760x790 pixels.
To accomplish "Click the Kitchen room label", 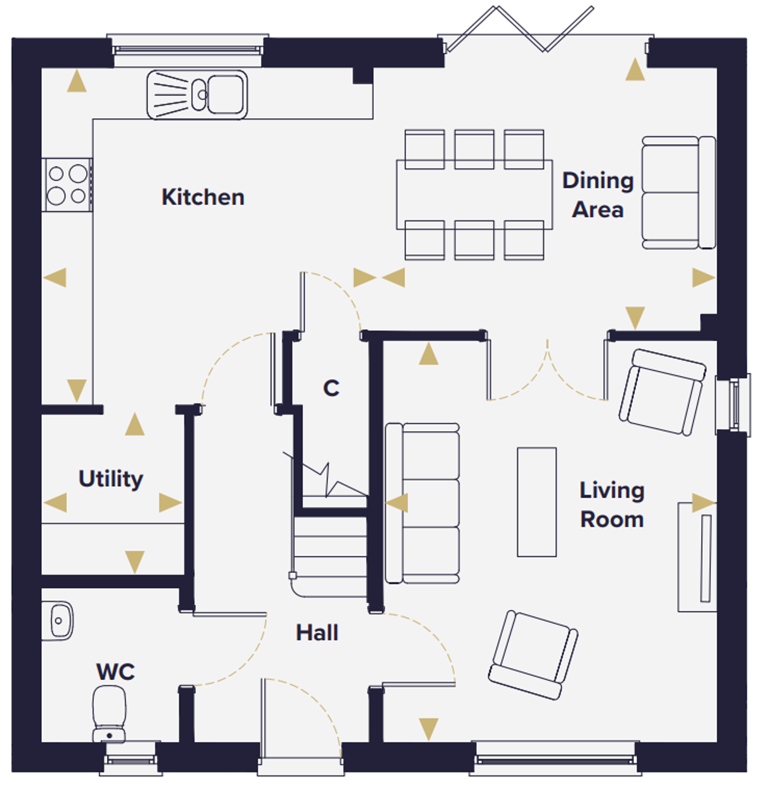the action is tap(203, 197).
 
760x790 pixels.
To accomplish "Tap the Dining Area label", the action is tap(597, 195).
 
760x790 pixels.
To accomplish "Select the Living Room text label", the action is tap(612, 505).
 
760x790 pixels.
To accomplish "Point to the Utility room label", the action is tap(110, 479).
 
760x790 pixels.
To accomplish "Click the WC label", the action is tap(115, 672).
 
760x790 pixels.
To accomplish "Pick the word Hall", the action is tap(317, 633).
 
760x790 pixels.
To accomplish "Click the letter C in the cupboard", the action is tap(331, 388).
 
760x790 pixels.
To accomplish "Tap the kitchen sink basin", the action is tap(226, 94).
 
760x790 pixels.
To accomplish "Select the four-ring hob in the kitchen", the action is tap(67, 185).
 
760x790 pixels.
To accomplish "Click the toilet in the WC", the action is tap(109, 715).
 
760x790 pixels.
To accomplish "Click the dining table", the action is tap(474, 194).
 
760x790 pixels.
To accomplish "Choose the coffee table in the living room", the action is tap(536, 502).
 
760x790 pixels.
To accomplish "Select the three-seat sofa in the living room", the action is tap(422, 503).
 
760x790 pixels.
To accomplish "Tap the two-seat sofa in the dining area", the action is tap(678, 192).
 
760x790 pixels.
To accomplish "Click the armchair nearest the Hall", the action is tap(533, 655).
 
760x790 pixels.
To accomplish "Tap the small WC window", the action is tap(131, 759).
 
